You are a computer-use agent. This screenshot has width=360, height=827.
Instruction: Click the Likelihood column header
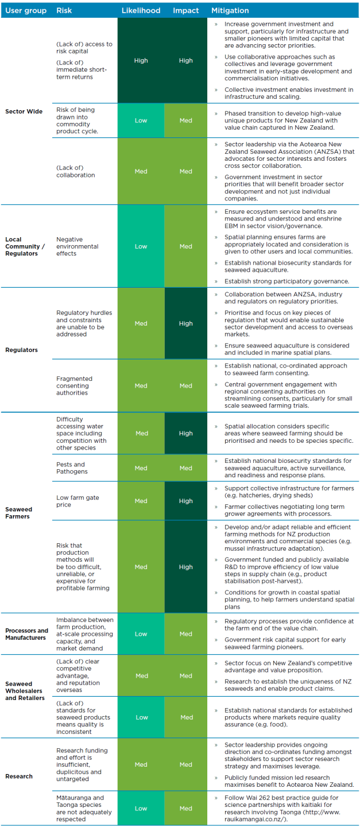pos(141,10)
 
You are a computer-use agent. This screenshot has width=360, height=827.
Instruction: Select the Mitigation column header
pos(230,10)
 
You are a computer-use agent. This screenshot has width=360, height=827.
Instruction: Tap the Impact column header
pos(186,10)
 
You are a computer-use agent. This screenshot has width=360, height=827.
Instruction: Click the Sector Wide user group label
pos(24,111)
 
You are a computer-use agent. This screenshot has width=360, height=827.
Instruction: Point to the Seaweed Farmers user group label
pos(19,512)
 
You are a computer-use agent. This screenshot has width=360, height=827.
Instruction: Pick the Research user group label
pos(19,776)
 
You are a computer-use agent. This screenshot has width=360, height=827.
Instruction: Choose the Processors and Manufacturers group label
pos(27,634)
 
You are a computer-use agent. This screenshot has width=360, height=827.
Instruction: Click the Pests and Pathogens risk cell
pos(71,467)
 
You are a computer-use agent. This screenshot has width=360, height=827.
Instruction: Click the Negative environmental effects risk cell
pos(78,246)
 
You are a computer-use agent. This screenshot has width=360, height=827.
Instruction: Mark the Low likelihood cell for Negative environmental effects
pos(141,246)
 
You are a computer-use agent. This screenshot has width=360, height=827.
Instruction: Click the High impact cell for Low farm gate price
pos(186,501)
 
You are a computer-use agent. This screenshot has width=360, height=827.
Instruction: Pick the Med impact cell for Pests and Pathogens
pos(186,468)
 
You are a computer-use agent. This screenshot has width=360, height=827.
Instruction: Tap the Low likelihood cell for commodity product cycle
pos(141,121)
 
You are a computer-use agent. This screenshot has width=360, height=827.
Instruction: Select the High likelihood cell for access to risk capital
pos(141,60)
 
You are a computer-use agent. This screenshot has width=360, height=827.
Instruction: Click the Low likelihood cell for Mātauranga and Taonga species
pos(141,808)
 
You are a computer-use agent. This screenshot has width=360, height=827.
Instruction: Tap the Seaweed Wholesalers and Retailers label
pos(25,691)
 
